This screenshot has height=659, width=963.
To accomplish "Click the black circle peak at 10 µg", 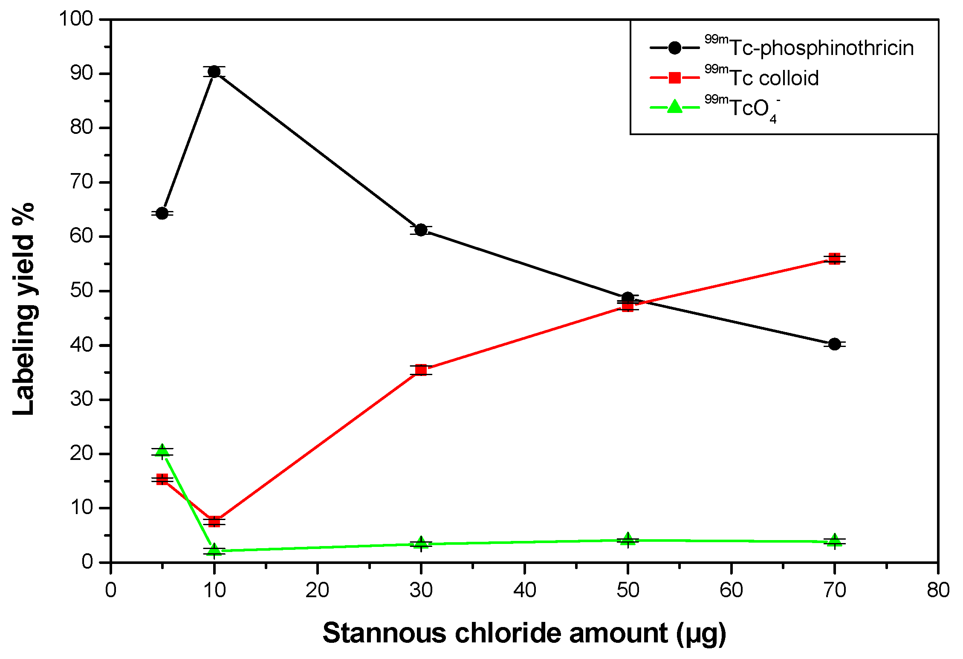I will pyautogui.click(x=214, y=72).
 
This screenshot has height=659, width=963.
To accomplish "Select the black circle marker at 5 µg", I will pyautogui.click(x=162, y=213).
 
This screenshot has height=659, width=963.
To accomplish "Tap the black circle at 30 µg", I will pyautogui.click(x=421, y=230).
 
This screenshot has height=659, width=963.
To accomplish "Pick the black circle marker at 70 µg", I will pyautogui.click(x=834, y=344).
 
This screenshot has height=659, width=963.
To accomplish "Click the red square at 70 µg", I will pyautogui.click(x=834, y=259).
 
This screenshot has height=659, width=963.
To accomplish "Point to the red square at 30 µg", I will pyautogui.click(x=421, y=370).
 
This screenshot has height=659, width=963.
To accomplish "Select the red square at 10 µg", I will pyautogui.click(x=214, y=521).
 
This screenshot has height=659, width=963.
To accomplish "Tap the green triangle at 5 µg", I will pyautogui.click(x=162, y=451).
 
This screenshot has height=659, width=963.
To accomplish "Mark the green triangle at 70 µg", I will pyautogui.click(x=834, y=541).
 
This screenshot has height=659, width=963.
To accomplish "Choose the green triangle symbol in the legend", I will pyautogui.click(x=674, y=107).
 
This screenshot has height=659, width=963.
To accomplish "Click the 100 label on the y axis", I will pyautogui.click(x=76, y=19).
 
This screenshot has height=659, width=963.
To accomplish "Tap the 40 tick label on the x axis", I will pyautogui.click(x=524, y=590).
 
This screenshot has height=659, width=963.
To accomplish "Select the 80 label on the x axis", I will pyautogui.click(x=938, y=590).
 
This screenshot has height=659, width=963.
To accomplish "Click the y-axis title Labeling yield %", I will pyautogui.click(x=23, y=309).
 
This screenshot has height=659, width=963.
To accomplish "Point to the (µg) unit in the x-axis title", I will pyautogui.click(x=701, y=634).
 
